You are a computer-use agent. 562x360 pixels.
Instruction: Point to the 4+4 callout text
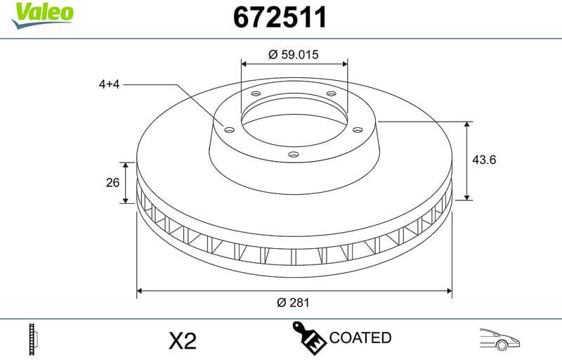(x=111, y=84)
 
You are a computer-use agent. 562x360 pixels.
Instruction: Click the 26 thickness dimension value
(x=112, y=183)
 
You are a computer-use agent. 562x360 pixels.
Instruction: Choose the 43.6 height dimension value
(x=484, y=160)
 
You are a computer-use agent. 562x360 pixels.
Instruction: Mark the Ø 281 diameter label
(x=294, y=303)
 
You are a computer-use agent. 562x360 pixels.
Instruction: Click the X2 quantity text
(x=183, y=341)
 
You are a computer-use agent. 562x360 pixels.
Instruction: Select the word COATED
(x=360, y=337)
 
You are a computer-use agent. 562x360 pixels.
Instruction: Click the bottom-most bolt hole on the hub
(x=294, y=154)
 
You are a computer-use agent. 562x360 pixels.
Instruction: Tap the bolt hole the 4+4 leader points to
(x=228, y=129)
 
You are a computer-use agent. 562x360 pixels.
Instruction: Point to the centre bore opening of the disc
(x=294, y=120)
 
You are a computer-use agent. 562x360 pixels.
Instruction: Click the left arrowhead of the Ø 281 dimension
(x=140, y=290)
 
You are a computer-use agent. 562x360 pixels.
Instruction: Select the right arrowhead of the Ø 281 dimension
(x=447, y=290)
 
